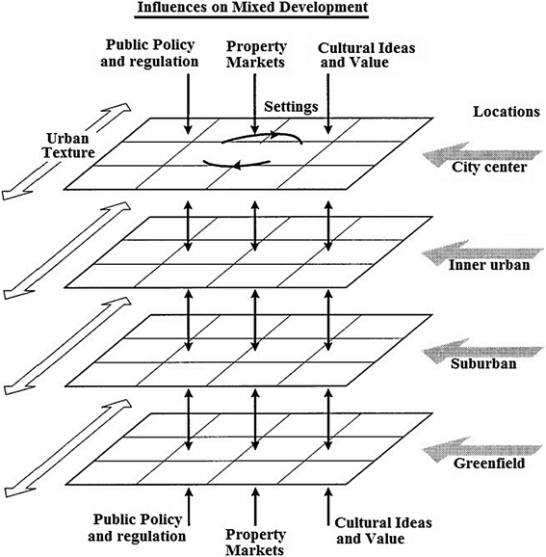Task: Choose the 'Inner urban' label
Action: (489, 266)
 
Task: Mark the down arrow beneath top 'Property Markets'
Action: (253, 102)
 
